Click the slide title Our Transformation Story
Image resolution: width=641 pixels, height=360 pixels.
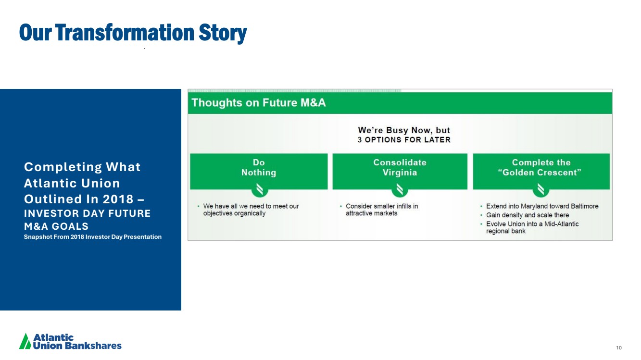[x=133, y=33]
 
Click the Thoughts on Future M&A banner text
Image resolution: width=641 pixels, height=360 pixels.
[x=258, y=103]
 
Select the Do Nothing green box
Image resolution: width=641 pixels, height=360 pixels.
[x=259, y=171]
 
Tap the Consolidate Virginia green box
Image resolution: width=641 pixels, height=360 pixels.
[x=400, y=171]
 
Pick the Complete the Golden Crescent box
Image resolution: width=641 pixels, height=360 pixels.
[x=541, y=171]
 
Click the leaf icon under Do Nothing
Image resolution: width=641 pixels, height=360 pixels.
[x=260, y=189]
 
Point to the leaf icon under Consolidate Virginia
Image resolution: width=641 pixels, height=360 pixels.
[x=400, y=189]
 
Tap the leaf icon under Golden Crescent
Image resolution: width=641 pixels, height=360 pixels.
[x=541, y=189]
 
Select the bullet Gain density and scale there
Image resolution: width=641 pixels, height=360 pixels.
[x=528, y=215]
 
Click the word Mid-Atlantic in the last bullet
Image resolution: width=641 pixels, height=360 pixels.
[x=561, y=224]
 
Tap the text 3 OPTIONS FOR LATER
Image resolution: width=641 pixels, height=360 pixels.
[x=404, y=140]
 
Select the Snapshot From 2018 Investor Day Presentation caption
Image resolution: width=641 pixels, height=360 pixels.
[x=92, y=237]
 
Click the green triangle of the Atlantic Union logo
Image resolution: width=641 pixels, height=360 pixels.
[x=25, y=341]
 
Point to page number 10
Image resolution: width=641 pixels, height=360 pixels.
[x=619, y=348]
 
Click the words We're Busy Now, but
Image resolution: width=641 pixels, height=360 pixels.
[x=404, y=130]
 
